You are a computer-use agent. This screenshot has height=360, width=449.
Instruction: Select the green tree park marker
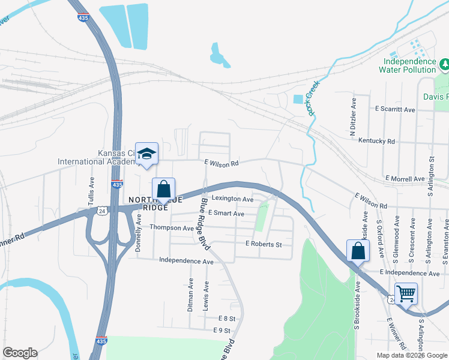coord(445,63)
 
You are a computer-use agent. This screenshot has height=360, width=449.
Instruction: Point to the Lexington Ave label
coord(232,199)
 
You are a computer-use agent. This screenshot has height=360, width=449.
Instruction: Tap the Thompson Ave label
coord(172,228)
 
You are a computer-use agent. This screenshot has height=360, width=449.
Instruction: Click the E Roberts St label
coord(263,244)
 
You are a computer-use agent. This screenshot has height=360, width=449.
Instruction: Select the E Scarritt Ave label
coord(394,110)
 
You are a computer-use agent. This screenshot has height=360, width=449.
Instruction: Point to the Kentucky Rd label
coord(376,141)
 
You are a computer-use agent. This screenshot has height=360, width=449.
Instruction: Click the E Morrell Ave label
coord(406,179)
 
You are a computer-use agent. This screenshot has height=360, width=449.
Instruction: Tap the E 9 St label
coord(221,331)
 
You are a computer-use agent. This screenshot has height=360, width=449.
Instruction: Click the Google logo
coord(20,353)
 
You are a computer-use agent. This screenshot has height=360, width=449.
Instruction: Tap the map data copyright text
coord(411,355)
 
